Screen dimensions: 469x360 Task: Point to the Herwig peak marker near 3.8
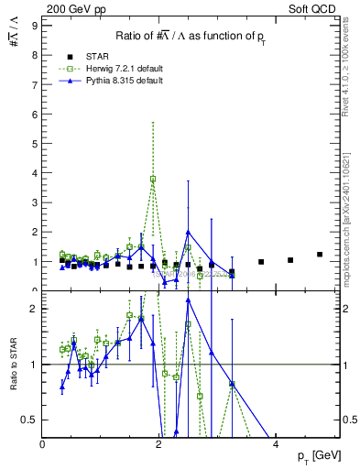(x=153, y=179)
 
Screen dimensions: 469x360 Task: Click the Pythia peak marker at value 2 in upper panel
(x=188, y=233)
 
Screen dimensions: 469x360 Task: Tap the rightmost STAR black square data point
(x=320, y=255)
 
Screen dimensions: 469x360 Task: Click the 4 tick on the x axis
(x=277, y=444)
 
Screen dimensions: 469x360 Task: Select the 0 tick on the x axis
(x=43, y=444)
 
